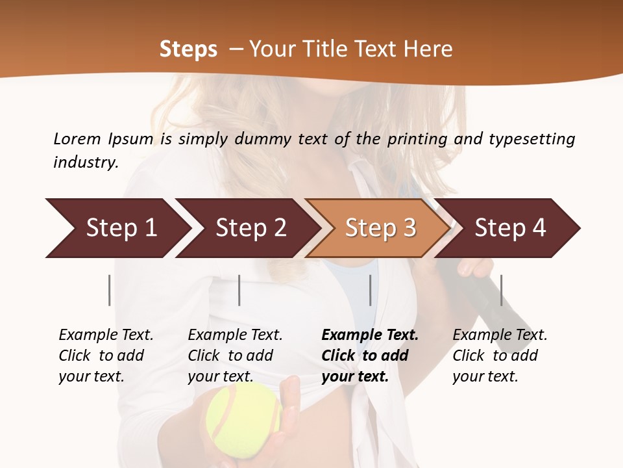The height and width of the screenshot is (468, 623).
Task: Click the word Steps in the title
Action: point(188,49)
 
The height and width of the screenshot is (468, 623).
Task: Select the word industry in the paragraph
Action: point(86,162)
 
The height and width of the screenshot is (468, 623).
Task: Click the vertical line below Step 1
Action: point(110,290)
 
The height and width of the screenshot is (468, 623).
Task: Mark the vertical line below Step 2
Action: point(239,290)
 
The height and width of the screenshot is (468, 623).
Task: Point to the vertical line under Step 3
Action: point(371,290)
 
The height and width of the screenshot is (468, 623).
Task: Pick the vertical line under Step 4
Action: point(501,290)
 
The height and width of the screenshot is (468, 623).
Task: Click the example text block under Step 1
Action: point(106,356)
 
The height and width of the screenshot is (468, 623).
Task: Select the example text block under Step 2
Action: point(235,356)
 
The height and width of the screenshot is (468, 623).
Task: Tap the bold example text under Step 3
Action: point(370,356)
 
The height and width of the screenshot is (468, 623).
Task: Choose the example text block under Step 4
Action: point(500,356)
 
